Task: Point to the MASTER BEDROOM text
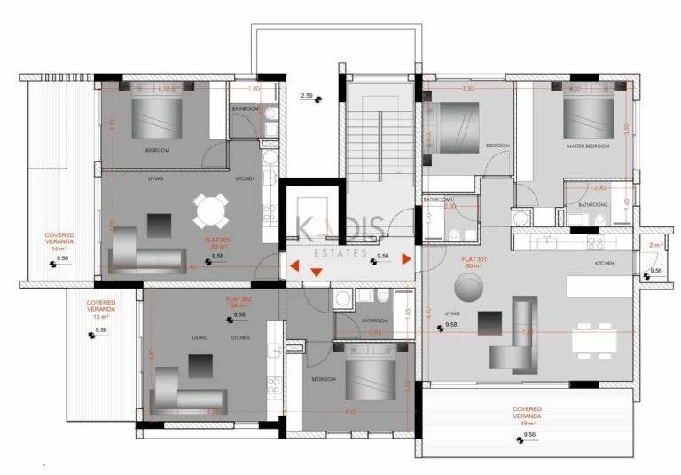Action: [x=588, y=146]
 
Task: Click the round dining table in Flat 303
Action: [x=211, y=211]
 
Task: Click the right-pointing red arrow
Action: [x=406, y=259]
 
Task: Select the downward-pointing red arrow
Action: [x=316, y=273]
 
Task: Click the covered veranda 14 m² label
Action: [x=59, y=241]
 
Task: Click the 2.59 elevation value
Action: [x=307, y=95]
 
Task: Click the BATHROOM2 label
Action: [x=593, y=204]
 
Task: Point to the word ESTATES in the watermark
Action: [x=340, y=254]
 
